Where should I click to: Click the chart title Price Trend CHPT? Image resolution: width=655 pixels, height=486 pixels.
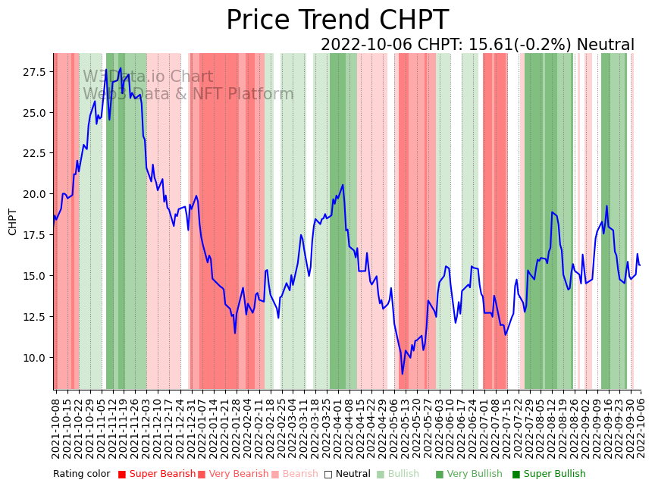tap(337, 20)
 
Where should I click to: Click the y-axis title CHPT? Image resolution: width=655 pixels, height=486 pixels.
tap(13, 221)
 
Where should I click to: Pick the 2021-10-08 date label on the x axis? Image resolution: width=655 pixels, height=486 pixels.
tap(56, 427)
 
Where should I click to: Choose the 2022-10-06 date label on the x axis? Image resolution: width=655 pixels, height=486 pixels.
tap(640, 427)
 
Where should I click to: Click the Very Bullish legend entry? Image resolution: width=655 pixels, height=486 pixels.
tap(468, 474)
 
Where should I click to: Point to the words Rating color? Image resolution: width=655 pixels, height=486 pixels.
tap(81, 474)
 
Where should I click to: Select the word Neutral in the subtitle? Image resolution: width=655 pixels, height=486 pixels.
tap(605, 45)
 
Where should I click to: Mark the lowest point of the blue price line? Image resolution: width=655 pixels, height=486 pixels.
tap(403, 374)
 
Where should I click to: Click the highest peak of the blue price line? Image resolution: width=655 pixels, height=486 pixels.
tap(121, 68)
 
